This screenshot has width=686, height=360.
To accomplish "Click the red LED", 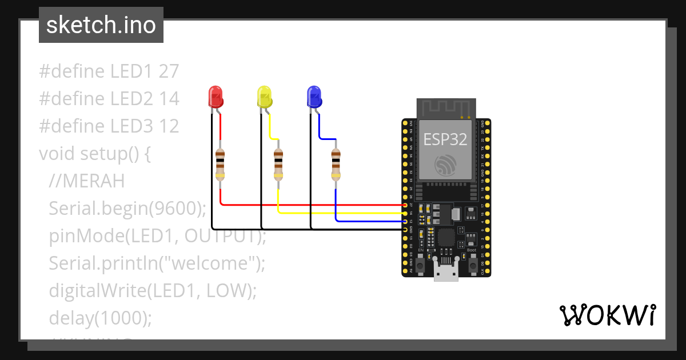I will coord(216,97).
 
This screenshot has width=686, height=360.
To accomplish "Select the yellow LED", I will coord(264,97).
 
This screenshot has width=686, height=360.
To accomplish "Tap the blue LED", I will coord(313,97).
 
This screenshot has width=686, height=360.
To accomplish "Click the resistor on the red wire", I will coord(221,165).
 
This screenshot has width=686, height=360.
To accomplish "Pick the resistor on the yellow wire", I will coord(278,165).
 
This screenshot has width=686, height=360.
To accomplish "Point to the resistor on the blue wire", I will coord(336,165).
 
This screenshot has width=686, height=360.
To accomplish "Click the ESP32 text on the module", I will coord(446,139).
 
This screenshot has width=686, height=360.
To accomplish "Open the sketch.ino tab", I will coord(101,25).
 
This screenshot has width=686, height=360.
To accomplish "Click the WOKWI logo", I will coord(607,315).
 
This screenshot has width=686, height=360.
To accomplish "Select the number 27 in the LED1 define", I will coord(169,71).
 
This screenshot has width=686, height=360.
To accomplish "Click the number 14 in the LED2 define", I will coord(169,99).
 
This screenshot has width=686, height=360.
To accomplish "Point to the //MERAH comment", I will coord(86,181).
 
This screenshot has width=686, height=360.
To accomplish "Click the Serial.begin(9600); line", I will coord(127,209).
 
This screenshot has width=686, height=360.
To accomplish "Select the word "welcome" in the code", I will coord(213,263).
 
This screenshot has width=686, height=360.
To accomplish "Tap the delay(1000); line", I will coord(101,318).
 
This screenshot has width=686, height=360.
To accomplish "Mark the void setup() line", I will coord(94,154).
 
